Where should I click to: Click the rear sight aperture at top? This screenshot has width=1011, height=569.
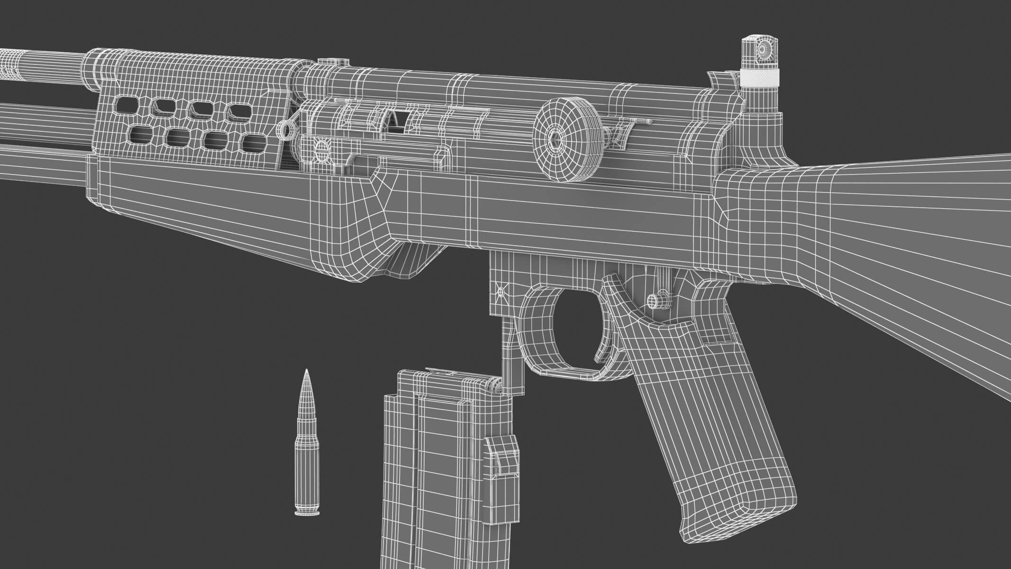click(764, 48)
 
